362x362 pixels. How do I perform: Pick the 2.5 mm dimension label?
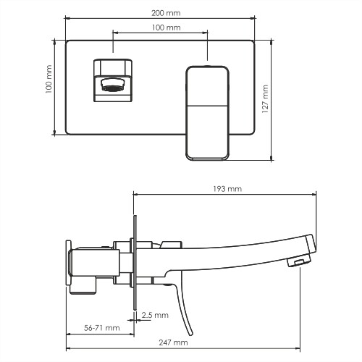click(155, 315)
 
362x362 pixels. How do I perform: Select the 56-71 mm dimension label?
click(101, 328)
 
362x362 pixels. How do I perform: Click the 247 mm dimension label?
click(174, 342)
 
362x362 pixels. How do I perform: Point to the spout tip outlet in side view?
click(297, 261)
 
